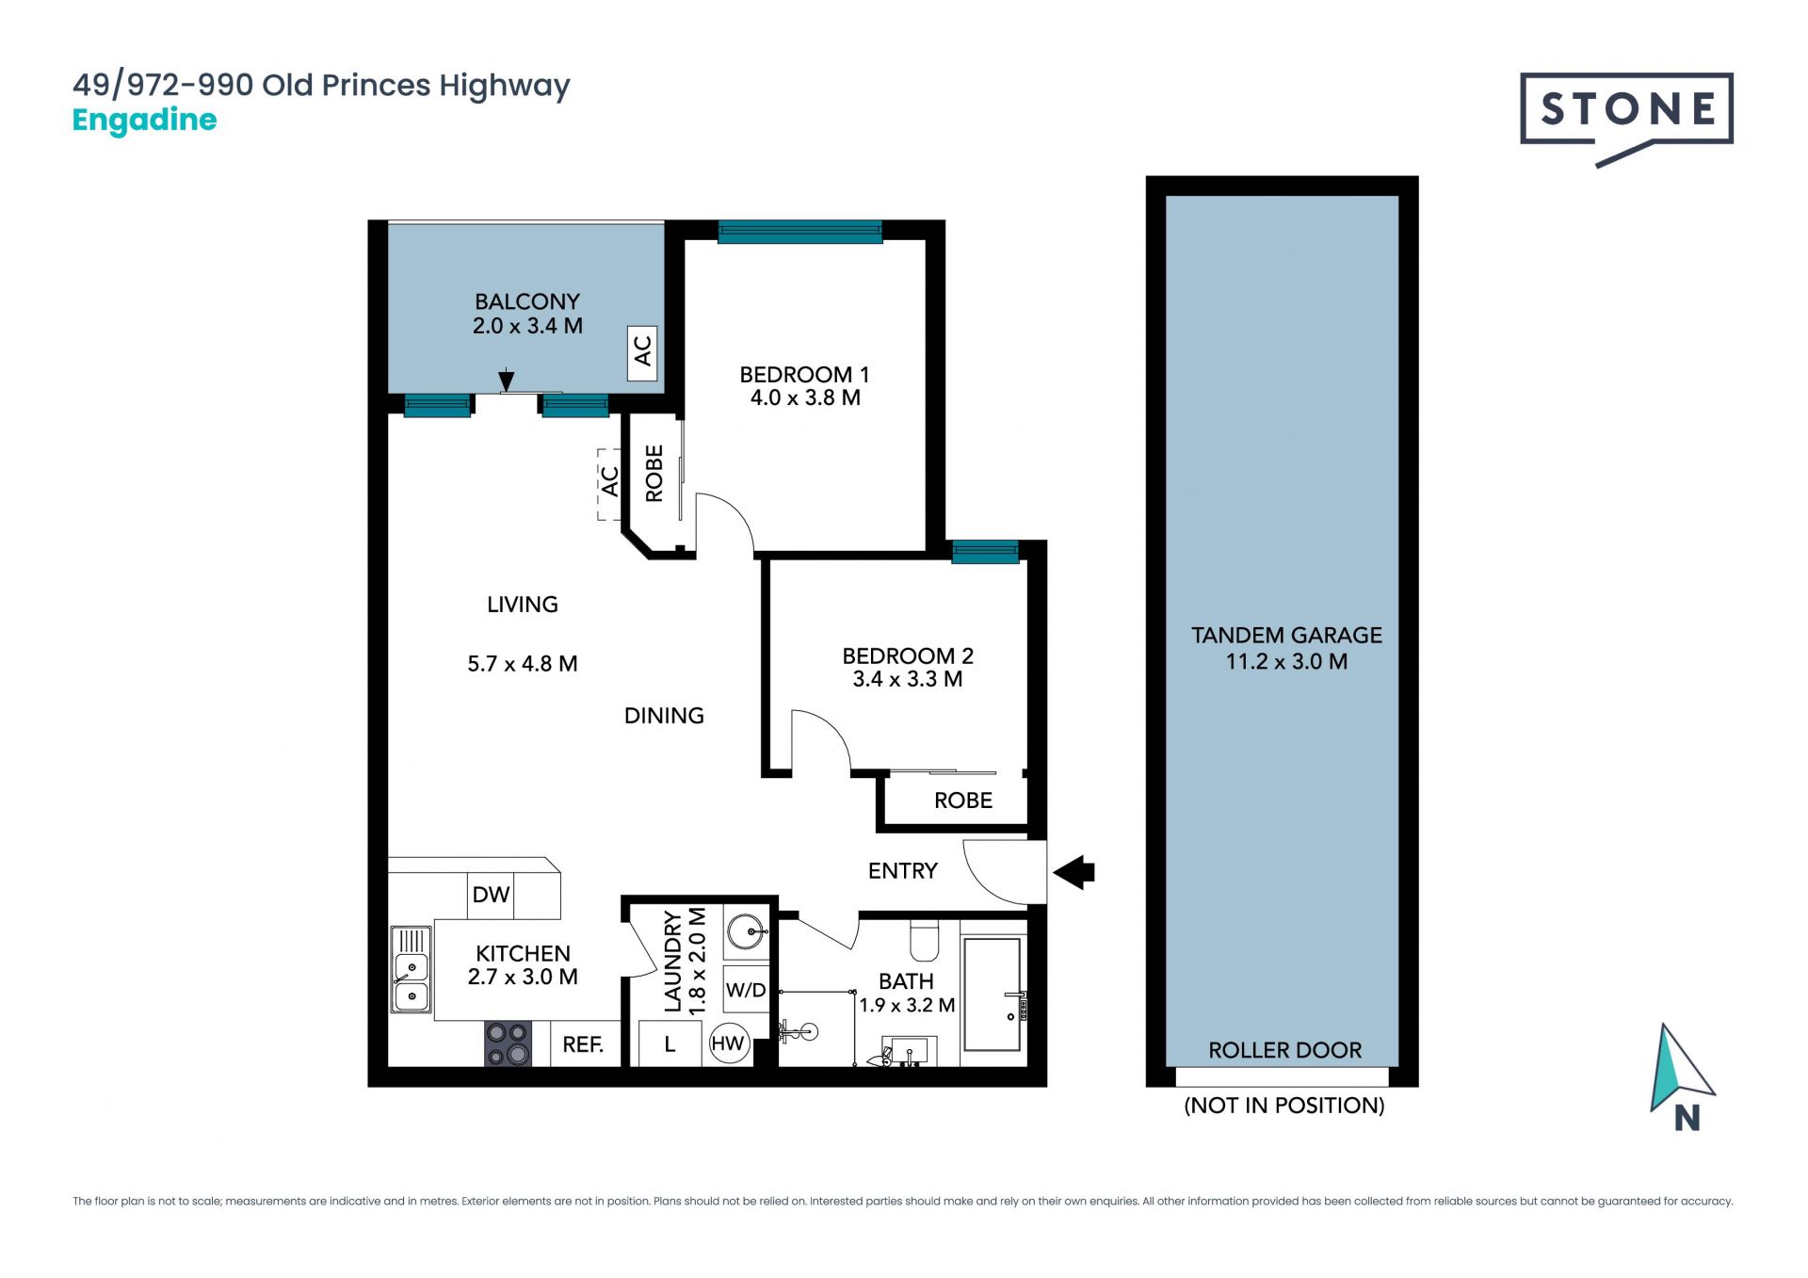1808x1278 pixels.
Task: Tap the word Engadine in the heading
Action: coord(144,121)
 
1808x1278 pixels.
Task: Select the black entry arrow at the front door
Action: coord(1074,872)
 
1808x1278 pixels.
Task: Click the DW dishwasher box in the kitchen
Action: coord(491,895)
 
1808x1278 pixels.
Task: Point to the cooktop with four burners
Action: coord(508,1043)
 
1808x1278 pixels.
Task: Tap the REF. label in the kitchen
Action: coord(583,1044)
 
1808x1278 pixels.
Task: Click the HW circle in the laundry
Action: coord(728,1043)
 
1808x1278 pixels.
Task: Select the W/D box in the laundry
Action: coord(746,990)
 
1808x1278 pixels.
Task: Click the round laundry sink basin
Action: coord(749,932)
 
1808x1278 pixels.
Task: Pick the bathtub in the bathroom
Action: coord(993,995)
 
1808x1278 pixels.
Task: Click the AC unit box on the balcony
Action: coord(642,353)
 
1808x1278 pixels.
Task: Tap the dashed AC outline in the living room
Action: coord(609,484)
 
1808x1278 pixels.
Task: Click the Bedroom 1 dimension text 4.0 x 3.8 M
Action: coord(805,398)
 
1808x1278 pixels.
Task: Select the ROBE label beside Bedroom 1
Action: coord(654,473)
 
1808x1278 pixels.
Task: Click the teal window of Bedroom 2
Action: coord(985,552)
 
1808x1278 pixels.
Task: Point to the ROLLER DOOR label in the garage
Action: coord(1284,1050)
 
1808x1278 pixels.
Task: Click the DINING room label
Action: coord(664,716)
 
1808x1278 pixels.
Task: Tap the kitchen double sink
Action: coord(412,969)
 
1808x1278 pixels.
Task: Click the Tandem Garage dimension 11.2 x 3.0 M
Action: coord(1286,662)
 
